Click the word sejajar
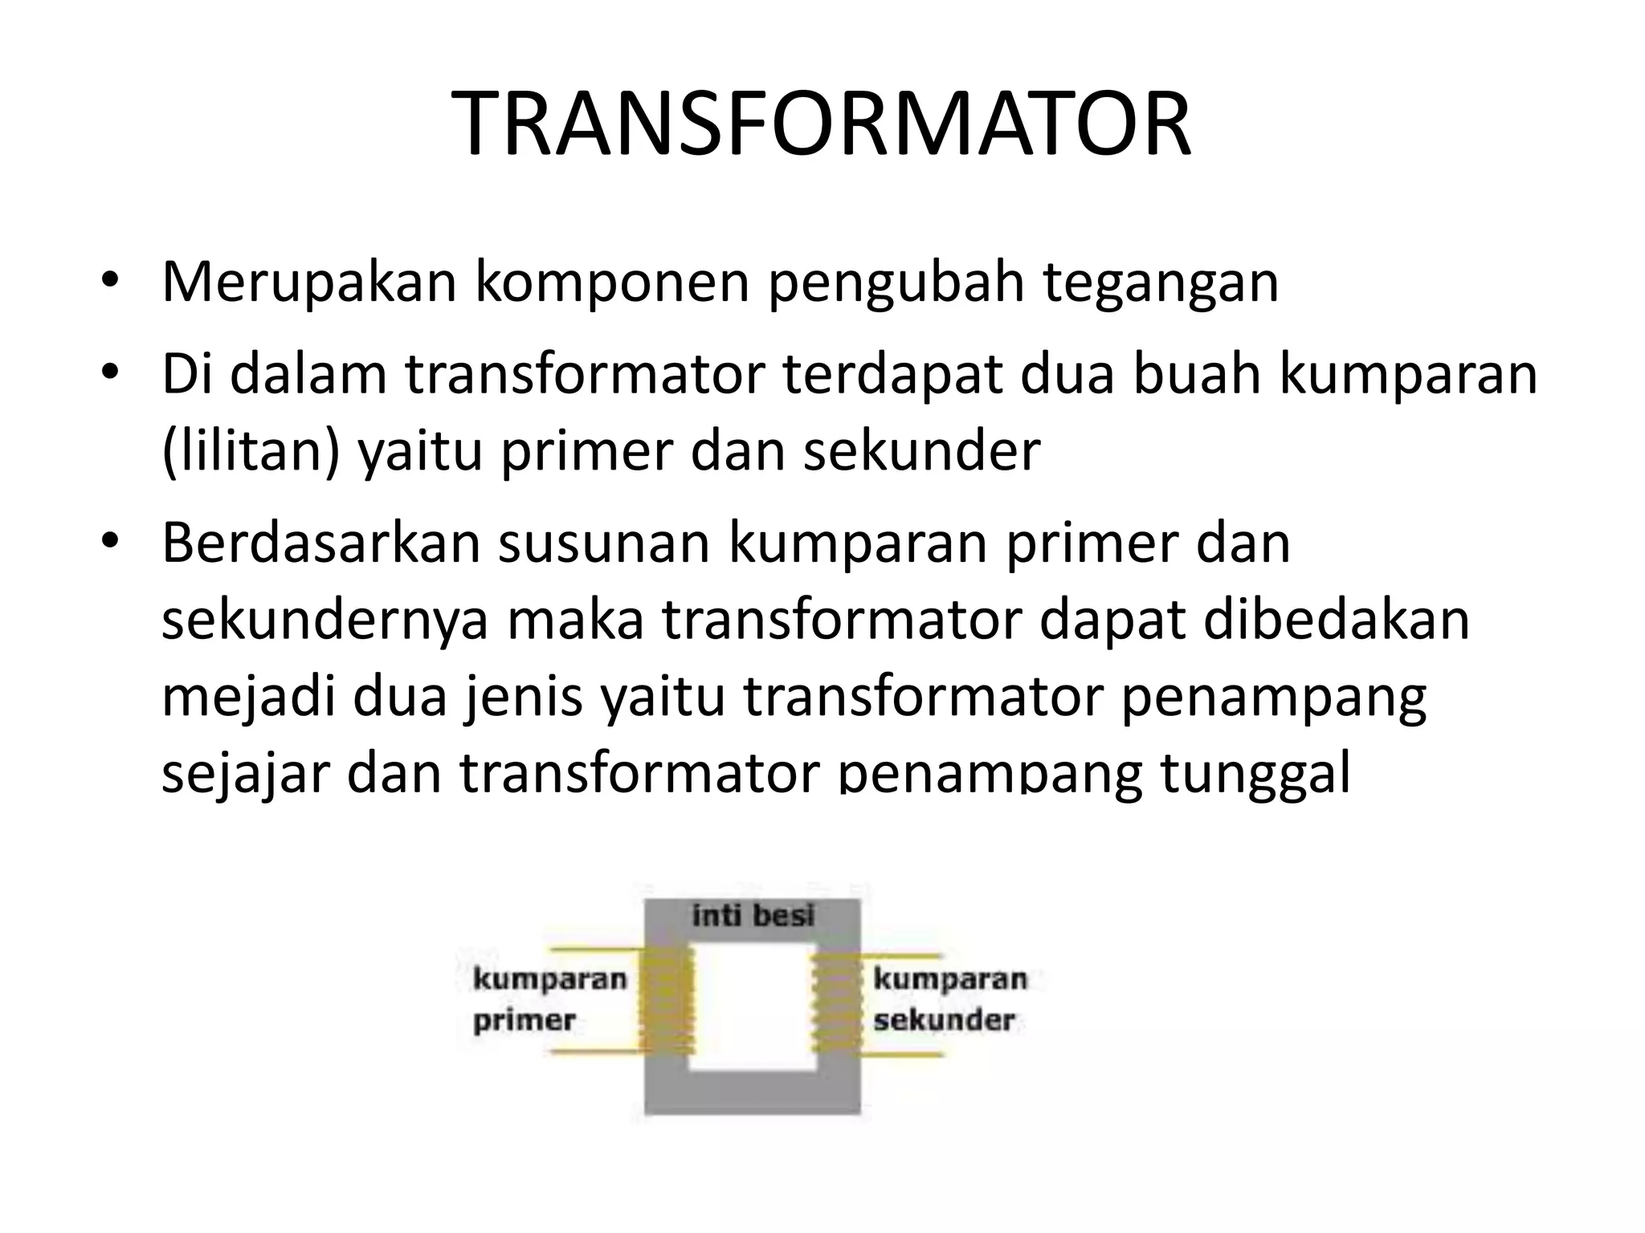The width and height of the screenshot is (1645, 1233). click(245, 775)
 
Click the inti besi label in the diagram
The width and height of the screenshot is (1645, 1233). click(753, 915)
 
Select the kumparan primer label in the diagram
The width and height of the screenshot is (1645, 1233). click(549, 999)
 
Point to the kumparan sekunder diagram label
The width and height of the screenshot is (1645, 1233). click(949, 999)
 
